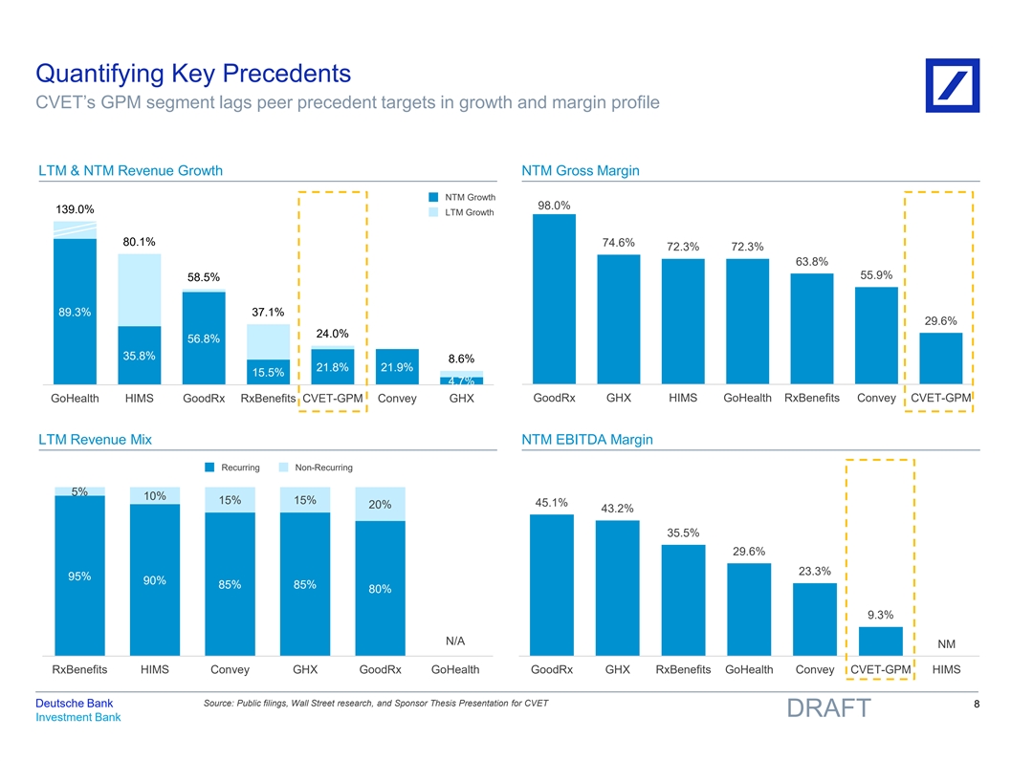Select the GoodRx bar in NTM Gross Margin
point(554,298)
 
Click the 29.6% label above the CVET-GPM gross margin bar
point(941,320)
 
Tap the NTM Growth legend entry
point(460,198)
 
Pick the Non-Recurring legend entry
point(317,467)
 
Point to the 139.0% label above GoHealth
point(75,208)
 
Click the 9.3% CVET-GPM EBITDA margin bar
point(881,641)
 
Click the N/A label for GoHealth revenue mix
point(455,641)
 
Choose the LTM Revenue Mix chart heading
point(95,440)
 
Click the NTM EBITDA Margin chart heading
point(587,440)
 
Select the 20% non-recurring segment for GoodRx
point(380,505)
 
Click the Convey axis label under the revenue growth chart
point(398,399)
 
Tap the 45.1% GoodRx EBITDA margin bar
point(552,584)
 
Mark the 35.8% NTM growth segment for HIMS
point(139,356)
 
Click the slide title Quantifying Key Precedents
point(193,73)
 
